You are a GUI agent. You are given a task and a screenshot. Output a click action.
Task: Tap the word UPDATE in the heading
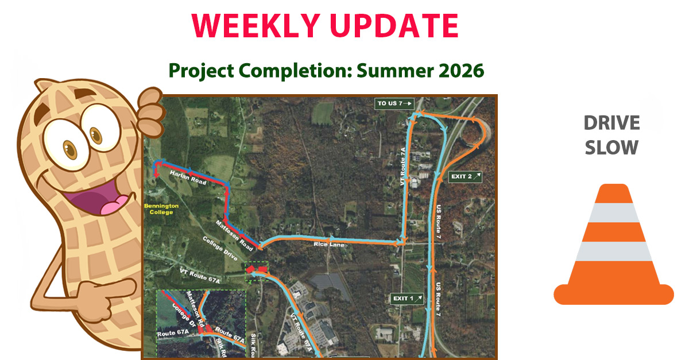coord(396,25)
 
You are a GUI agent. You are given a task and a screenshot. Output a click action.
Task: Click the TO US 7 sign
coord(394,103)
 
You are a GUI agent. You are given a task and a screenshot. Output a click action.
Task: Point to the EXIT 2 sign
coord(465,176)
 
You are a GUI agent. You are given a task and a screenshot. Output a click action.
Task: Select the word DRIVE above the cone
coord(611,122)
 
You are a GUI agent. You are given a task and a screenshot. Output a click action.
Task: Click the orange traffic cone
coord(613,247)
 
